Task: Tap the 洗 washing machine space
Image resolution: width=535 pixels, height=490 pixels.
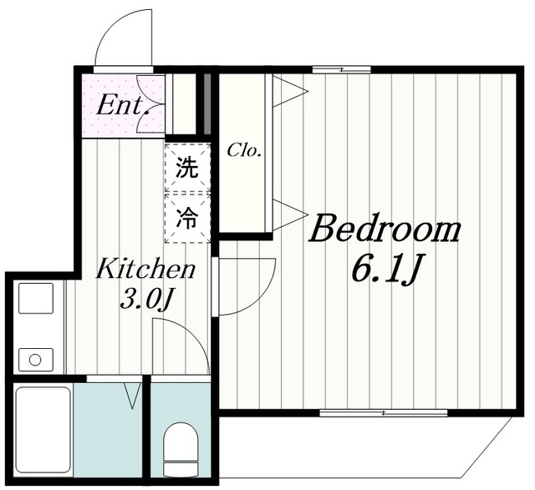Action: [186, 167]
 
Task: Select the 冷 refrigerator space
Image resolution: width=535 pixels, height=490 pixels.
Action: [186, 218]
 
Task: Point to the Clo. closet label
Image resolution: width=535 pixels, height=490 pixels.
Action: [245, 151]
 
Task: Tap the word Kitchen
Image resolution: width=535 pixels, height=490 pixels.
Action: [146, 270]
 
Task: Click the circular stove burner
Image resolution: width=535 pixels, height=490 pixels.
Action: [35, 360]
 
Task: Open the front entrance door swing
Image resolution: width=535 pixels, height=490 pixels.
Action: [124, 39]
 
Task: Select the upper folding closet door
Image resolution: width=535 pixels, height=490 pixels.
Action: [287, 92]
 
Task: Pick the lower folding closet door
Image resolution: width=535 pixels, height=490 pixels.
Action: [287, 215]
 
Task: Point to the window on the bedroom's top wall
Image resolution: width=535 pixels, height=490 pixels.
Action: [341, 69]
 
